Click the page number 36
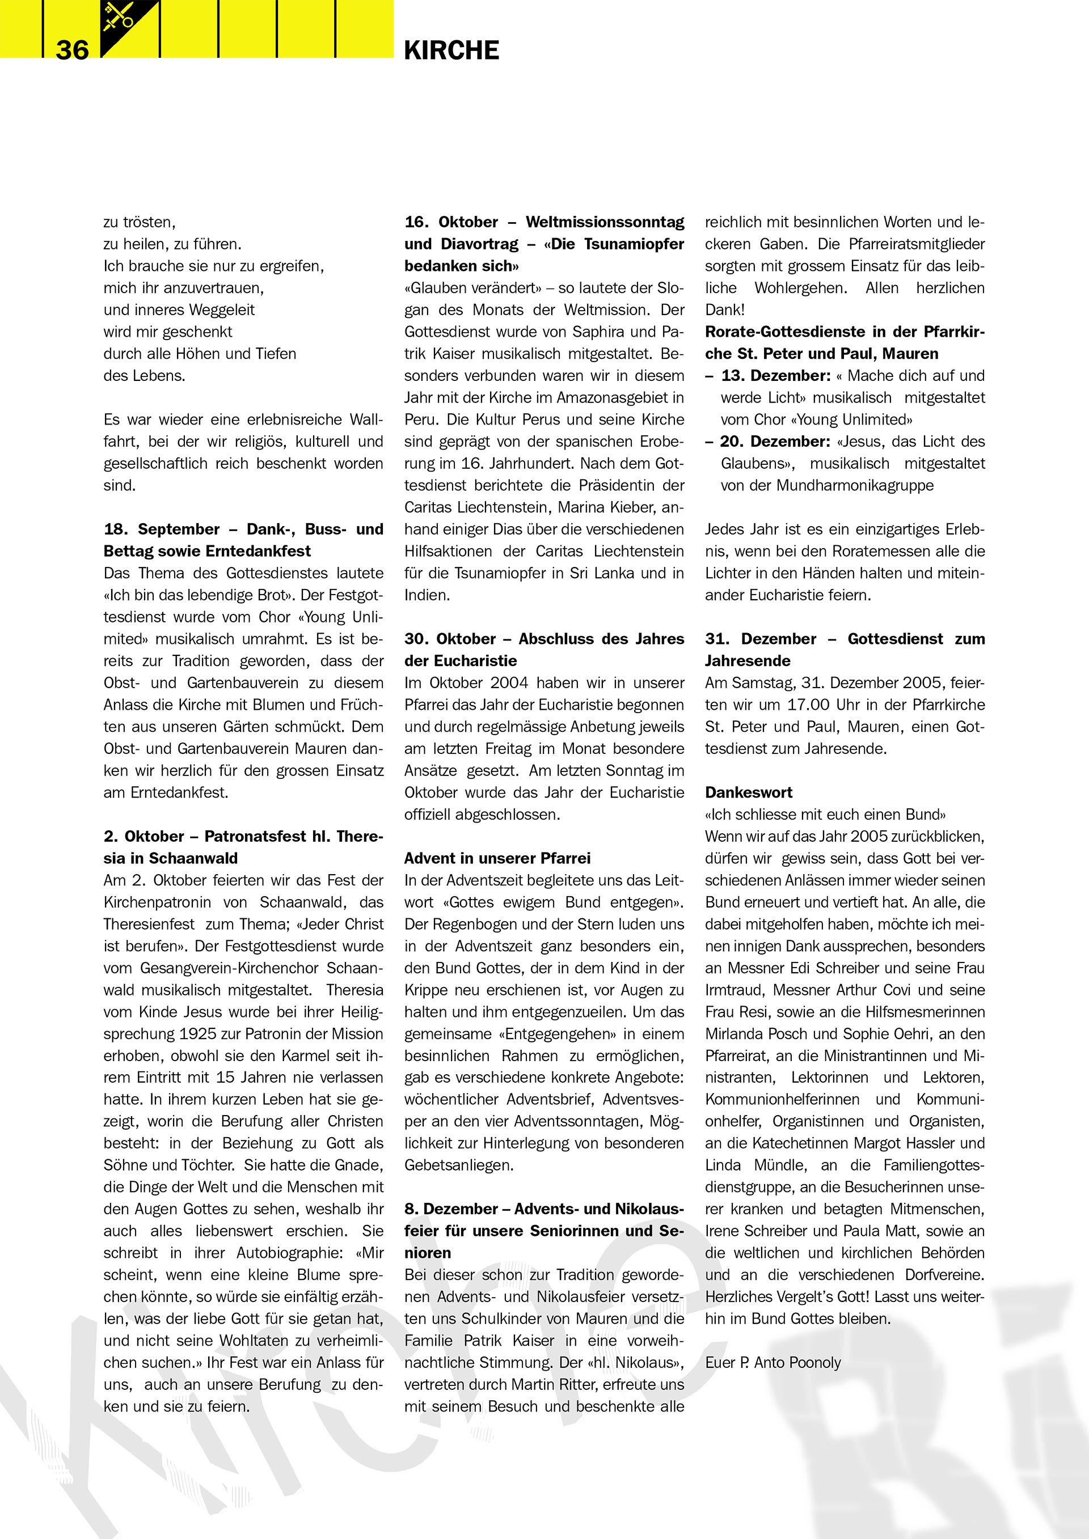(x=73, y=50)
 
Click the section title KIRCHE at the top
(x=451, y=50)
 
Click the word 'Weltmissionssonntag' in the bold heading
(x=605, y=222)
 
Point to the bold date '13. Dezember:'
(x=776, y=375)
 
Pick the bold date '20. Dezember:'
(x=776, y=441)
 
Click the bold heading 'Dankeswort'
(x=748, y=792)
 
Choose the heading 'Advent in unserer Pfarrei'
(x=497, y=858)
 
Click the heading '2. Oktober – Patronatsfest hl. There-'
(x=243, y=836)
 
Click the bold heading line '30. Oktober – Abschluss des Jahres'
(x=544, y=639)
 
